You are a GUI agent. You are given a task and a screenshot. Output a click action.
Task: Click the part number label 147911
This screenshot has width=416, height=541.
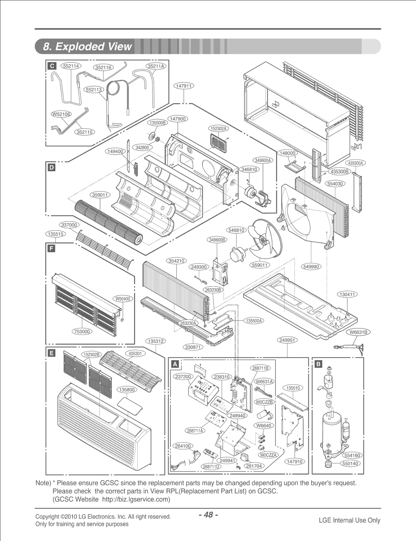tap(184, 86)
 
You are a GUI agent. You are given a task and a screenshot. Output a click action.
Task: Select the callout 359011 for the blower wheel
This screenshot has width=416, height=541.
tap(100, 195)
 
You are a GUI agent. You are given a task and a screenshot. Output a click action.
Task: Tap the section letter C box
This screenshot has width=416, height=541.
tap(51, 66)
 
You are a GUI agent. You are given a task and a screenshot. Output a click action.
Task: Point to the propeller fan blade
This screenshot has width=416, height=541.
tap(263, 240)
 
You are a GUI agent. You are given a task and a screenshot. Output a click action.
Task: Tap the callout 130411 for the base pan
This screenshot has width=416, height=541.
tap(347, 294)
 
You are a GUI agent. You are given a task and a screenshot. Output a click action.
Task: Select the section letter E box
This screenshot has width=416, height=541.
tap(51, 353)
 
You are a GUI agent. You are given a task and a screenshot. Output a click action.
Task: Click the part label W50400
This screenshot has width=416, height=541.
tap(123, 299)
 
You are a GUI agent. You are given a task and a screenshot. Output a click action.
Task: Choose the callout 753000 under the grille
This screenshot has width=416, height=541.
tap(82, 332)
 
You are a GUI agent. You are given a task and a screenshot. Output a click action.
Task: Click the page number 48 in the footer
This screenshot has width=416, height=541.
tap(208, 515)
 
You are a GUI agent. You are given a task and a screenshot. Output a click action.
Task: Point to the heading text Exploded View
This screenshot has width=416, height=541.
tap(88, 46)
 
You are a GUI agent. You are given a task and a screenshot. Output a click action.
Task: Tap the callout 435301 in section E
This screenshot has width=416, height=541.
tap(135, 354)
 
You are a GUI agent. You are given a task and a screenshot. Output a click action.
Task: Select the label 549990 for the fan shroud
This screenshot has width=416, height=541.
tap(311, 267)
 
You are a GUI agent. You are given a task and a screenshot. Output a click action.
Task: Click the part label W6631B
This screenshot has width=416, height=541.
tap(359, 332)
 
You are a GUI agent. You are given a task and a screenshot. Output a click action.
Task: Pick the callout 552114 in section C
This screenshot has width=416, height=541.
tap(71, 66)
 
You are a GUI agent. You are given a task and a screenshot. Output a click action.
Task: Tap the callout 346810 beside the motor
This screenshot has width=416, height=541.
tap(249, 170)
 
